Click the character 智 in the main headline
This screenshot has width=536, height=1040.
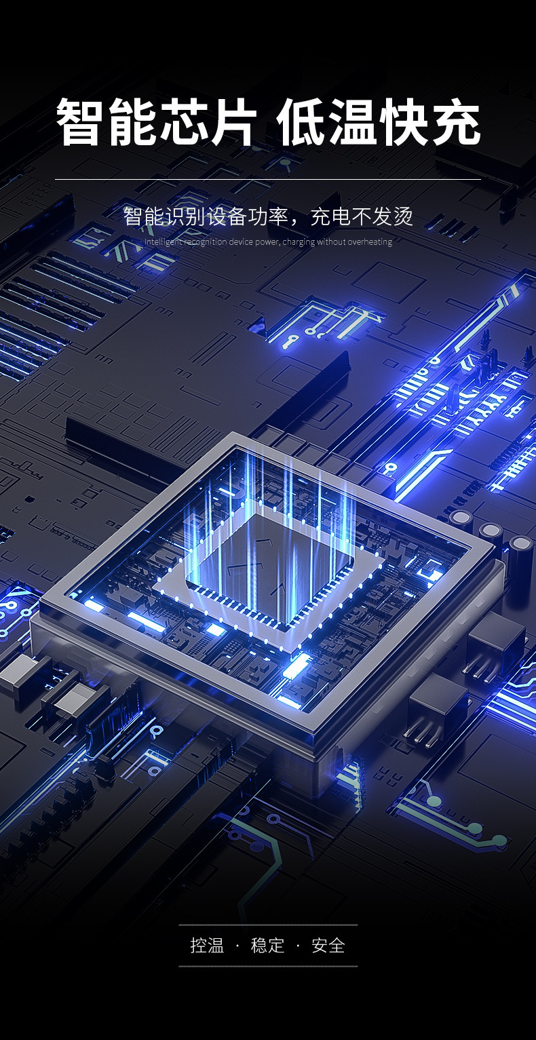80,121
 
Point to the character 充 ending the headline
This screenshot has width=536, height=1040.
456,121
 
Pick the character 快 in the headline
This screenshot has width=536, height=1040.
404,121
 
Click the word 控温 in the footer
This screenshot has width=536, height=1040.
207,945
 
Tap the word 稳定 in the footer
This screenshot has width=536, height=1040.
267,945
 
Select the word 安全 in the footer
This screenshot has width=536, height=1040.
328,945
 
